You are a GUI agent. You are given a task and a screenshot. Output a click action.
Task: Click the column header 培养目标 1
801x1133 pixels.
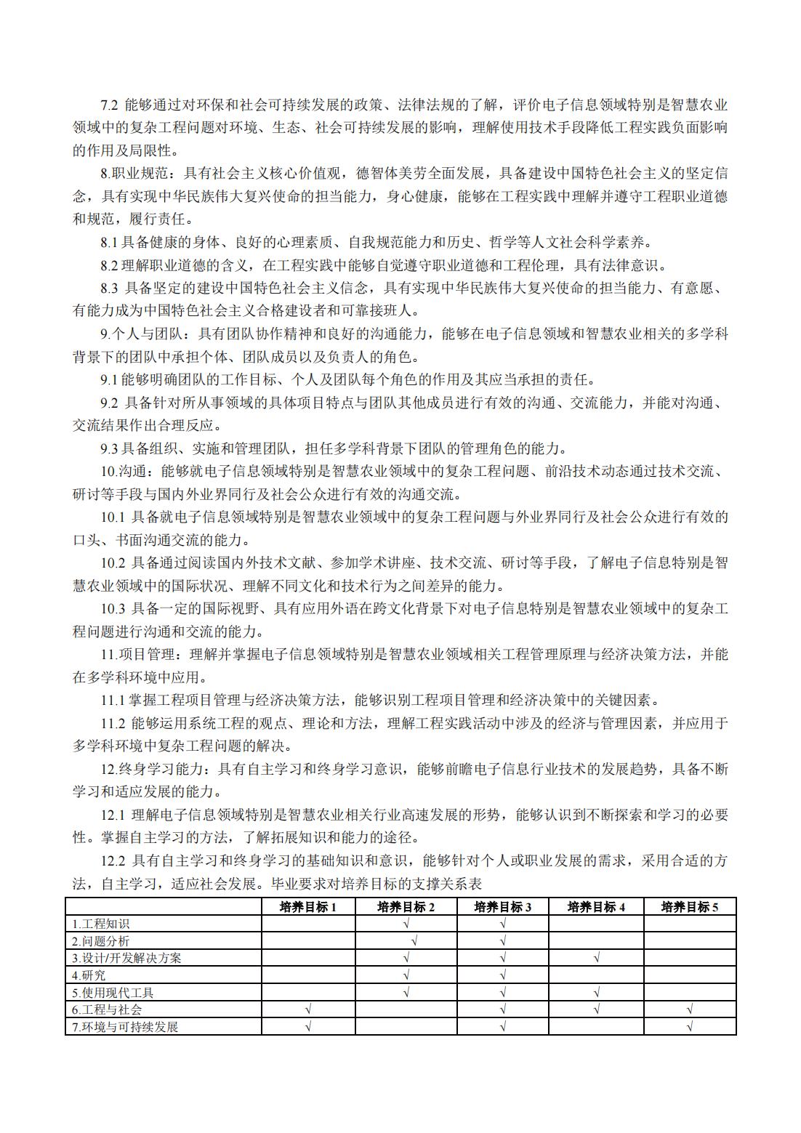click(x=308, y=907)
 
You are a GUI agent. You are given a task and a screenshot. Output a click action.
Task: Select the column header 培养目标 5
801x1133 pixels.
click(x=690, y=907)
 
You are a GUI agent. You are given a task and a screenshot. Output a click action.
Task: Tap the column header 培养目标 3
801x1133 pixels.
click(x=502, y=907)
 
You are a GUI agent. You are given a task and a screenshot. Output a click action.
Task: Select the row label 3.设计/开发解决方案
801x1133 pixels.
click(x=126, y=958)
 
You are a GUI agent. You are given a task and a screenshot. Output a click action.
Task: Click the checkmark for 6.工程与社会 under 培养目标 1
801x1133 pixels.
click(x=308, y=1009)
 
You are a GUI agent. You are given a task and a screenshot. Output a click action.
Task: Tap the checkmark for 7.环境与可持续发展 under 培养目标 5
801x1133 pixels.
click(x=690, y=1027)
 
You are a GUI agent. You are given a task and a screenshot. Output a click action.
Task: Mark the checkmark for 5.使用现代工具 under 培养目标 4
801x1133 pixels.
click(x=596, y=992)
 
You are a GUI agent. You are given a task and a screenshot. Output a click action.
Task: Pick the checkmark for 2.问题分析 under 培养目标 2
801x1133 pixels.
click(x=414, y=941)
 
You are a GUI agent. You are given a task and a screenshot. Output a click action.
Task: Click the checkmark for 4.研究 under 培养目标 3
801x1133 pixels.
click(x=502, y=975)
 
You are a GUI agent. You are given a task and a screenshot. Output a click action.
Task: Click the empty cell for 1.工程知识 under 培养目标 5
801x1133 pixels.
click(x=690, y=924)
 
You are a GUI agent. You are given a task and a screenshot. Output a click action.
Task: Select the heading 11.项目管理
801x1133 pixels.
click(x=138, y=655)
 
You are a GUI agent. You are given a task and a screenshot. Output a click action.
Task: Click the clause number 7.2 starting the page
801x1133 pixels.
click(x=109, y=105)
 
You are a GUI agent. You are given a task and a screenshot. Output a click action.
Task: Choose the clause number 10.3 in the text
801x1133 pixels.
click(x=113, y=609)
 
